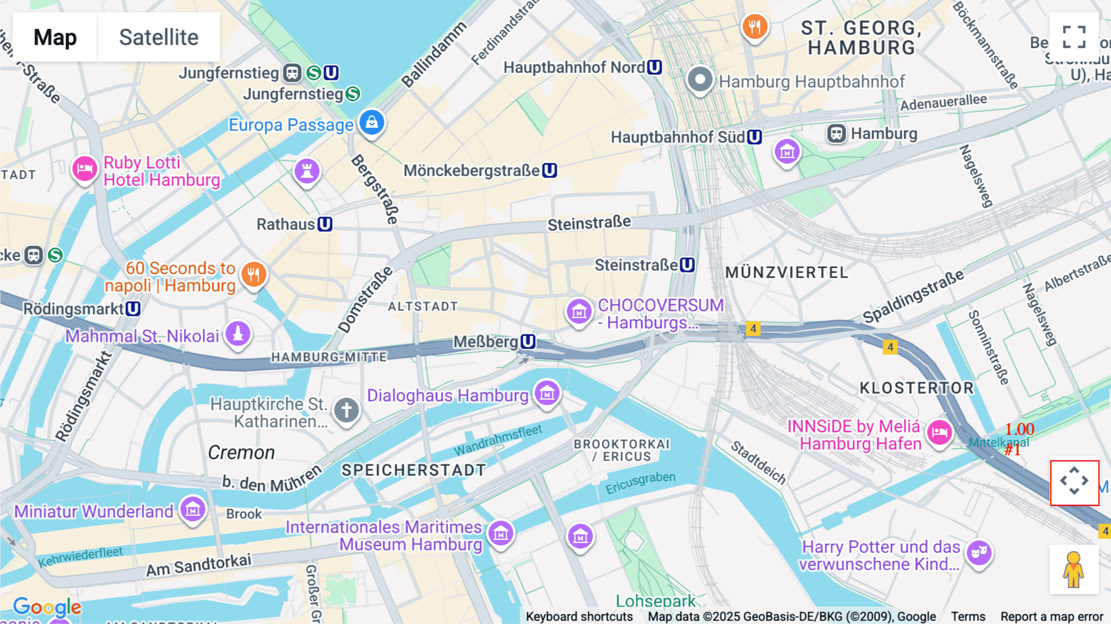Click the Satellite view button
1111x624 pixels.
[159, 37]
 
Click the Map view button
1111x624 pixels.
[55, 37]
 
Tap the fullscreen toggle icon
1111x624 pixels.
[1074, 37]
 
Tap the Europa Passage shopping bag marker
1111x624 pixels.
[372, 122]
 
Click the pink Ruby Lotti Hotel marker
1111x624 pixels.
[85, 169]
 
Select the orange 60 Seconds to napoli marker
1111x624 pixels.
[254, 274]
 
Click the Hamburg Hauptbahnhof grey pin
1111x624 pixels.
[700, 79]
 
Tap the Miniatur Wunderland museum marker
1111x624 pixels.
[193, 510]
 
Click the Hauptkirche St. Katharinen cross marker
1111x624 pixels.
[346, 410]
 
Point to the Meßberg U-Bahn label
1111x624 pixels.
[494, 342]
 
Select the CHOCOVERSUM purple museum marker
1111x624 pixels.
[579, 312]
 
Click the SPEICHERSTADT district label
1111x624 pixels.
[414, 470]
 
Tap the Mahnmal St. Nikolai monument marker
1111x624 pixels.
[238, 334]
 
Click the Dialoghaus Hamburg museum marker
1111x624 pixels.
[547, 393]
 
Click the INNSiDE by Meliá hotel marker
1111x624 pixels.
[939, 432]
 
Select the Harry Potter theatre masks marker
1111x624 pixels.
[979, 552]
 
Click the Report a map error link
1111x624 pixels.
[1052, 617]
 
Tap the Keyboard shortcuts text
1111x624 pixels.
[579, 617]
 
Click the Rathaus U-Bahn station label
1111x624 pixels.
[294, 224]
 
